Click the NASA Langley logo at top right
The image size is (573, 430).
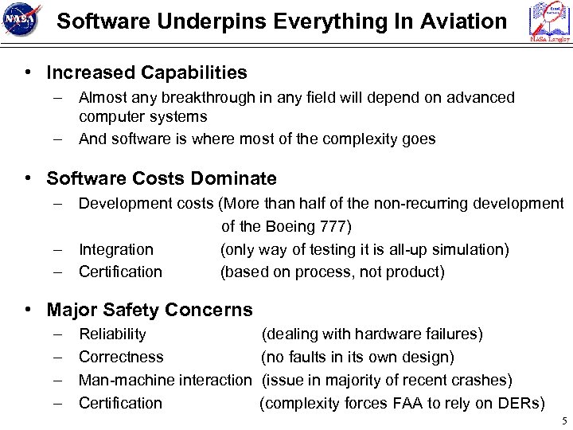coord(550,22)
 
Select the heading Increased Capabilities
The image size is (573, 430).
coord(146,73)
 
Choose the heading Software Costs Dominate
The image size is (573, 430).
coord(162,178)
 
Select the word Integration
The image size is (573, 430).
coord(116,249)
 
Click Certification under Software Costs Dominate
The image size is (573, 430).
coord(120,272)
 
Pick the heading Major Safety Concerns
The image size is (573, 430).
coord(150,310)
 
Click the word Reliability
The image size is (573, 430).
coord(112,334)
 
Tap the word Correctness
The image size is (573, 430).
coord(121,357)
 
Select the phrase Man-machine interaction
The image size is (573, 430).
coord(165,380)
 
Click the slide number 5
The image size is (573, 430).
coord(563,420)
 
